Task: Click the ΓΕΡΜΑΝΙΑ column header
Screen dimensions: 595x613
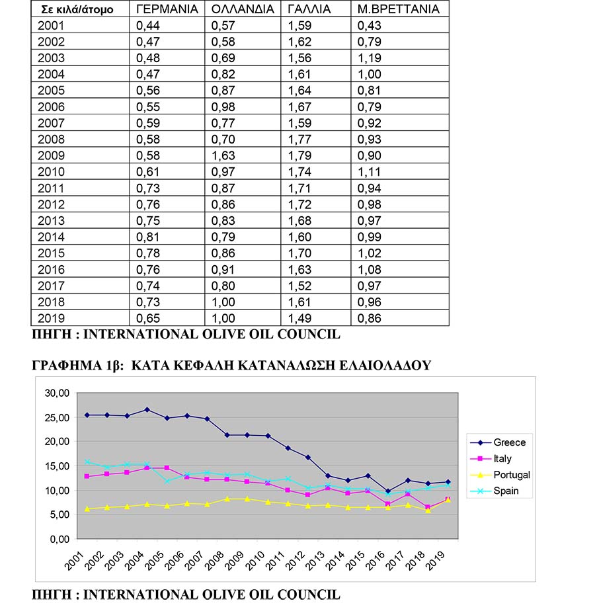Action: point(167,9)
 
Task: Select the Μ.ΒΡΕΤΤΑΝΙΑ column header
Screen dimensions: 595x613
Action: point(399,9)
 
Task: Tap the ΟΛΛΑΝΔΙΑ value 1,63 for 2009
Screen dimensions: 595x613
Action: point(223,155)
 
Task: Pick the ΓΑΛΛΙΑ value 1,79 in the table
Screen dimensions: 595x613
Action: point(300,155)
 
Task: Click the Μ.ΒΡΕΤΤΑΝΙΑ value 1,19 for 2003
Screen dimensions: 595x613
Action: point(370,58)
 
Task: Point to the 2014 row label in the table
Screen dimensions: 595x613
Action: point(51,237)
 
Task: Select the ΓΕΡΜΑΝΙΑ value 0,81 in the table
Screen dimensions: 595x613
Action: point(148,237)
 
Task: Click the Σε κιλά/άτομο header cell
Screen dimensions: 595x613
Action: point(77,9)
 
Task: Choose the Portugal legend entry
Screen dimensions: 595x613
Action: point(500,475)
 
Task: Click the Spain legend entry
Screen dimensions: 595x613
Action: point(495,491)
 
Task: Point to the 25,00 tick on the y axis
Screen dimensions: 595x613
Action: point(57,417)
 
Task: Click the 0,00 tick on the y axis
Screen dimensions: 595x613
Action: point(59,540)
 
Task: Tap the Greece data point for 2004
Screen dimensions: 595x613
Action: point(147,410)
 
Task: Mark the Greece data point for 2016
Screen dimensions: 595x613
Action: point(388,491)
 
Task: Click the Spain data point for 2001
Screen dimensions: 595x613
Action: point(87,462)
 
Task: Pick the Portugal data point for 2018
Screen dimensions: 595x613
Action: point(428,511)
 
